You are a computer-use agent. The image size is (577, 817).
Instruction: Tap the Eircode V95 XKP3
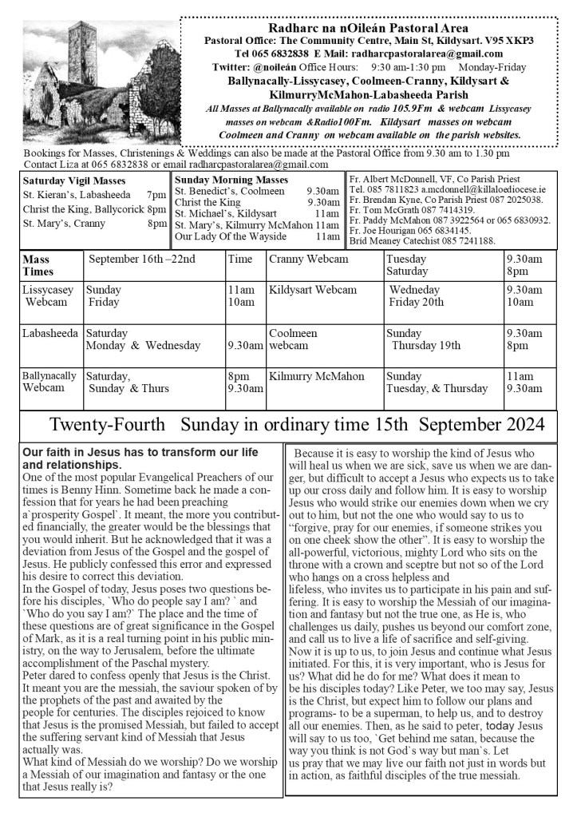tap(511, 41)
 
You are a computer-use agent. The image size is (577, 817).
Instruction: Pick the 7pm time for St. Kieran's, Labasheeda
tap(156, 195)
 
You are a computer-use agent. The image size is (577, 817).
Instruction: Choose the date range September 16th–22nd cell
tap(142, 260)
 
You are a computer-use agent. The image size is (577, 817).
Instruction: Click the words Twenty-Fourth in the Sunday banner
tap(108, 424)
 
